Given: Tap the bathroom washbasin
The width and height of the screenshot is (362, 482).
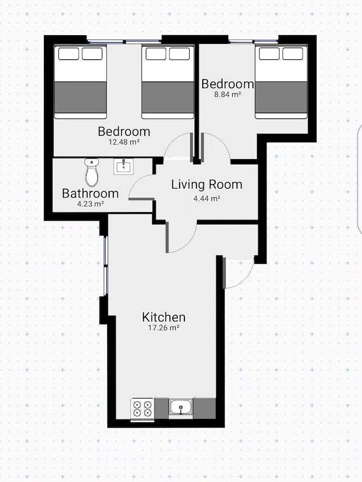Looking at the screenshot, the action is (124, 166).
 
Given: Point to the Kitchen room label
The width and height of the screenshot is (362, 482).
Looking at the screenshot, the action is (164, 317).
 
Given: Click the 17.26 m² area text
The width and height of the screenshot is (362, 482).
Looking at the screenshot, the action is (164, 328).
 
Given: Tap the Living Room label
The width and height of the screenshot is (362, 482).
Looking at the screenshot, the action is (207, 185).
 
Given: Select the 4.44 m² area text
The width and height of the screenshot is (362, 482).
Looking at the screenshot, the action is (207, 199).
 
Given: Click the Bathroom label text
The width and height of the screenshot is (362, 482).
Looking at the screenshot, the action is (90, 193).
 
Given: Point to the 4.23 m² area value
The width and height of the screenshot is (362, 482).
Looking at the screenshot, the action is (90, 203).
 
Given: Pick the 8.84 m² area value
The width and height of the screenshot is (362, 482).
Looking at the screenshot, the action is (227, 94).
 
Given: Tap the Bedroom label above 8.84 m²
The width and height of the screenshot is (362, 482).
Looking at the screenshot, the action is (228, 84).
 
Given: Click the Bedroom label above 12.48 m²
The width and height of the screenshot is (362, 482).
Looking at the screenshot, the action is (124, 131).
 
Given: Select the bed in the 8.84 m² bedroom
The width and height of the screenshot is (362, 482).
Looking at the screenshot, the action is (281, 82).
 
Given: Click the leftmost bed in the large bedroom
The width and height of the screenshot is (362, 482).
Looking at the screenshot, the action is (80, 82).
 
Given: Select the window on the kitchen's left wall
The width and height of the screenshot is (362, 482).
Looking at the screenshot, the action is (106, 265).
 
